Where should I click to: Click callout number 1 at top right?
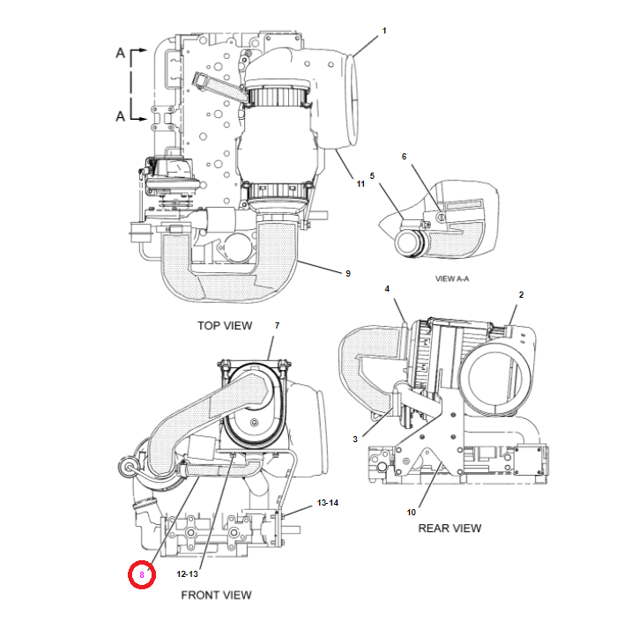[x=384, y=31]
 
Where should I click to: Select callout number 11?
[x=360, y=182]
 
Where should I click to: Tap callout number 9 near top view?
[x=347, y=273]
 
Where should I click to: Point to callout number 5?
[x=372, y=176]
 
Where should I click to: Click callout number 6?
[x=405, y=156]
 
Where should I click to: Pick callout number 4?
[x=386, y=289]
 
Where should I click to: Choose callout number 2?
[x=521, y=294]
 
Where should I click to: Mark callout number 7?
[x=277, y=326]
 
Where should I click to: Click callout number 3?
[x=355, y=438]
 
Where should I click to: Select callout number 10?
[x=411, y=512]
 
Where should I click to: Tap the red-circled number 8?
[x=141, y=575]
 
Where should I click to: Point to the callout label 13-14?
[x=327, y=502]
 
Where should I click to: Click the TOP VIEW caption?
[x=224, y=326]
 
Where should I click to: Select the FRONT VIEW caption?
[x=216, y=595]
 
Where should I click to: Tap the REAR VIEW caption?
[x=450, y=528]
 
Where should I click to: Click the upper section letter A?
[x=120, y=54]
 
